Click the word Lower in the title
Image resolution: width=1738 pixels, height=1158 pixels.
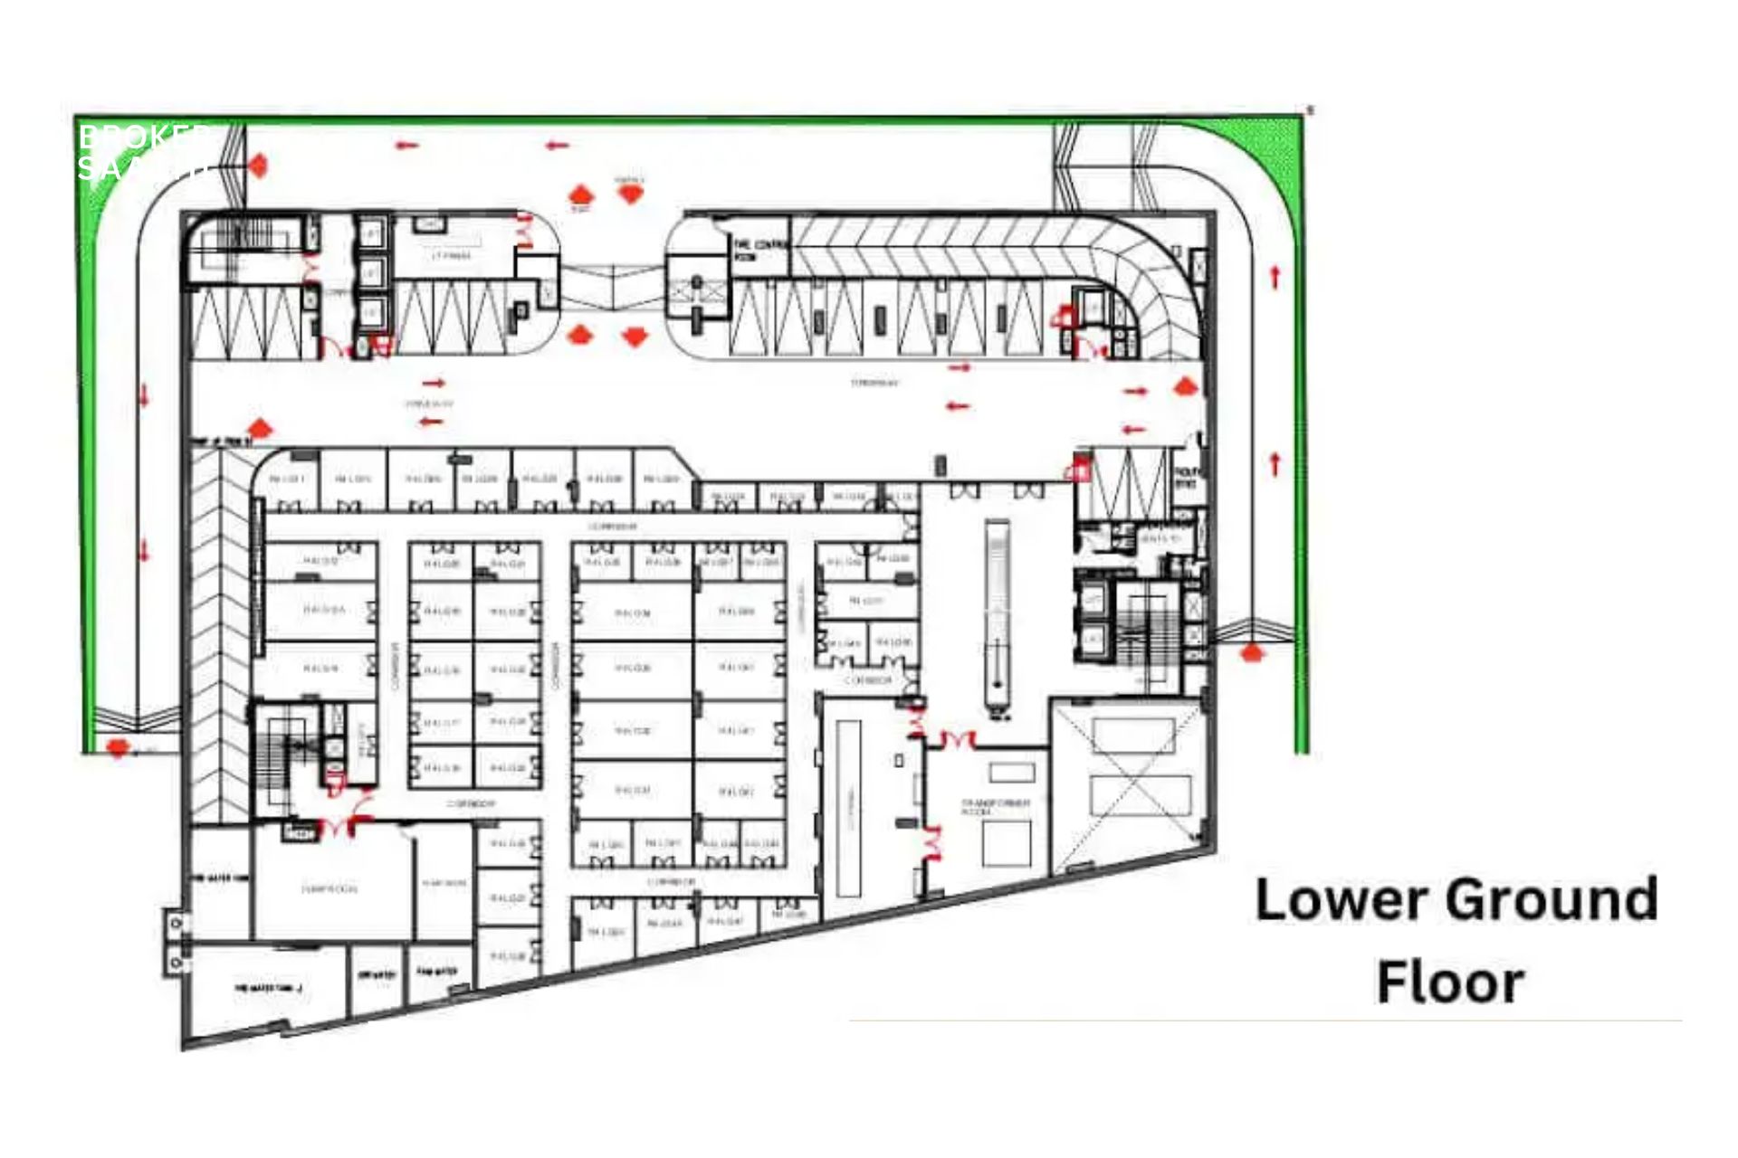pos(1335,900)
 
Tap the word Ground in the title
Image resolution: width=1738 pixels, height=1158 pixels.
pos(1551,900)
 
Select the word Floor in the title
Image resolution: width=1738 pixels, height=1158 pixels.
pos(1450,982)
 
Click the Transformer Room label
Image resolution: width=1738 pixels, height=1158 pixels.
pos(994,806)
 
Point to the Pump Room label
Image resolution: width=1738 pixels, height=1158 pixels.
pos(329,888)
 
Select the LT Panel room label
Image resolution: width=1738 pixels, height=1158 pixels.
pos(451,256)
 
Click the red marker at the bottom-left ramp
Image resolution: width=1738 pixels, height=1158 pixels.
pos(117,747)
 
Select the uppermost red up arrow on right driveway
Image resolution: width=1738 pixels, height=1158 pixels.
pos(1275,277)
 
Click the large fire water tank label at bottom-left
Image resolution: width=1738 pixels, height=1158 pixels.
pos(268,987)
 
